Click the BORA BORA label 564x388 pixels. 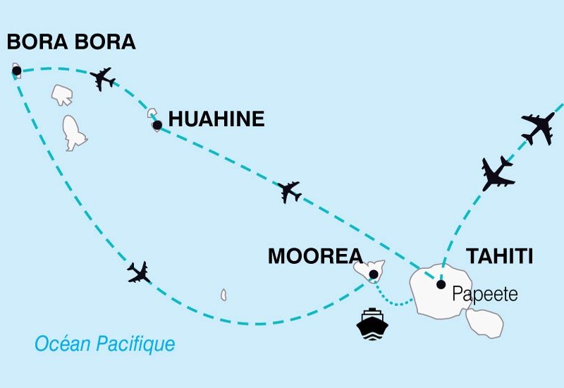pos(70,42)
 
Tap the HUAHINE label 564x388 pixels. pos(216,119)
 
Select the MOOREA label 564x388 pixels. pos(314,256)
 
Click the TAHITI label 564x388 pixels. pos(498,256)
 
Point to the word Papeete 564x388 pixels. pos(485,293)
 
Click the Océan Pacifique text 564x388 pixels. pos(105,344)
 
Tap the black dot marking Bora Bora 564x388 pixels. pos(16,71)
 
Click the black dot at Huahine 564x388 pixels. pos(157,126)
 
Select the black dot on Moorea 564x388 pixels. pos(373,274)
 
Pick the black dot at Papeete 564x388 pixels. pos(441,285)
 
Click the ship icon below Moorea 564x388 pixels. pos(372,324)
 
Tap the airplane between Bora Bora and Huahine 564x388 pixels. pos(103,78)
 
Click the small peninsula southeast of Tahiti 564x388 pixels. pos(485,322)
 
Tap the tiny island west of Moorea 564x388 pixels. pos(223,294)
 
